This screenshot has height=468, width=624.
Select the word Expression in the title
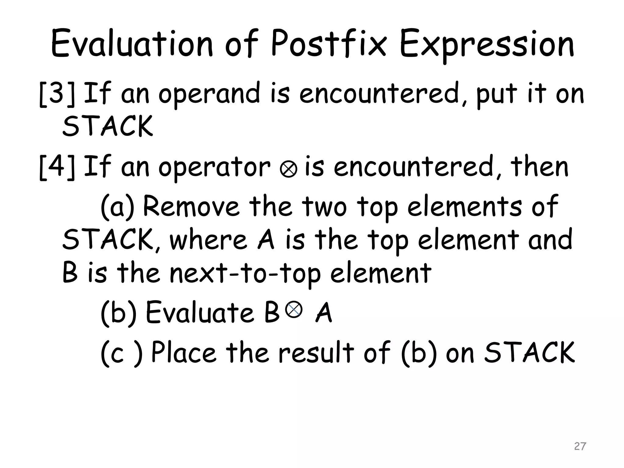487,46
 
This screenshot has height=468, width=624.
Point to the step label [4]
57,167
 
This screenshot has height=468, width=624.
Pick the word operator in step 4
214,168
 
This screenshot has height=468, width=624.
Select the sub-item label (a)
117,207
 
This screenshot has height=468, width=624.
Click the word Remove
191,206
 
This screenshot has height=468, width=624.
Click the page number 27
580,446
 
